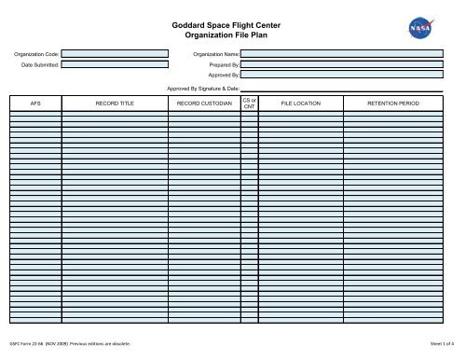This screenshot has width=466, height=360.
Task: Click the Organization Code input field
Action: click(115, 54)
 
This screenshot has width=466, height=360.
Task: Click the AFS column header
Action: click(35, 103)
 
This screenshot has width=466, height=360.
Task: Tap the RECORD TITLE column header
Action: click(115, 103)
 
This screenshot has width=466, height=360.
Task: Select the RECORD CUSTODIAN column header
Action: click(203, 103)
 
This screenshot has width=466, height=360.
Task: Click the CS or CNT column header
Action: click(249, 103)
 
